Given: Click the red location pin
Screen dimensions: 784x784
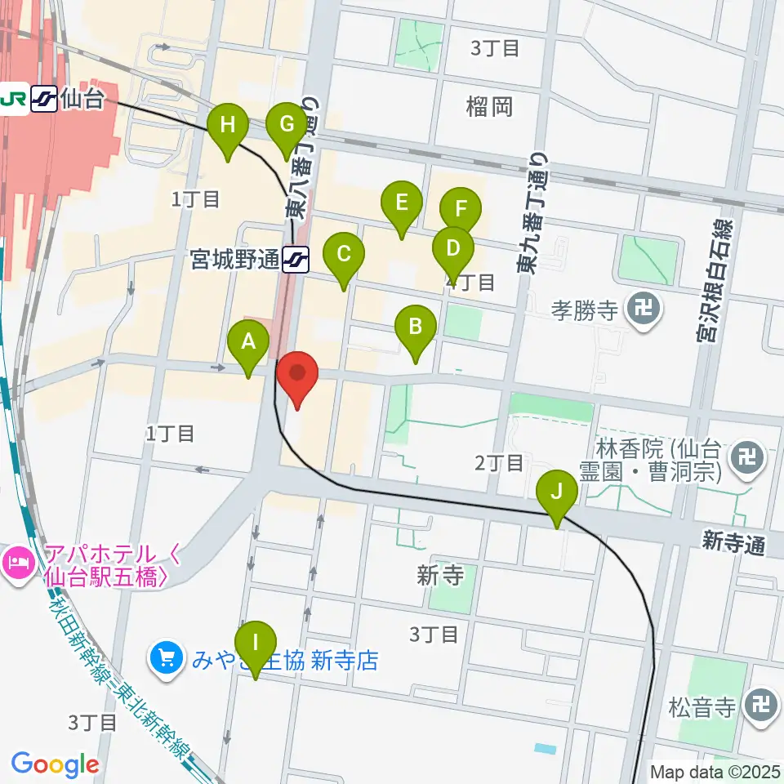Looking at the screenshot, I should point(298,377).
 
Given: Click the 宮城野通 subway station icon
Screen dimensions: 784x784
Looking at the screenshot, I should point(295,260).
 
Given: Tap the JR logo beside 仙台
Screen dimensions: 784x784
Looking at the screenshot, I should point(15,99).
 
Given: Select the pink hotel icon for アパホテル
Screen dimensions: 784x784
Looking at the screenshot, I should point(16,561).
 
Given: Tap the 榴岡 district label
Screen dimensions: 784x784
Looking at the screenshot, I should point(489,106).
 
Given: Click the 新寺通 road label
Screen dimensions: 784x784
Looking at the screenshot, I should point(733,542).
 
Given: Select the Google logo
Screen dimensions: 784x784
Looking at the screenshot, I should point(55,765).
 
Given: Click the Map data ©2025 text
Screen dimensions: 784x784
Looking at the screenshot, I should point(715,771).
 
